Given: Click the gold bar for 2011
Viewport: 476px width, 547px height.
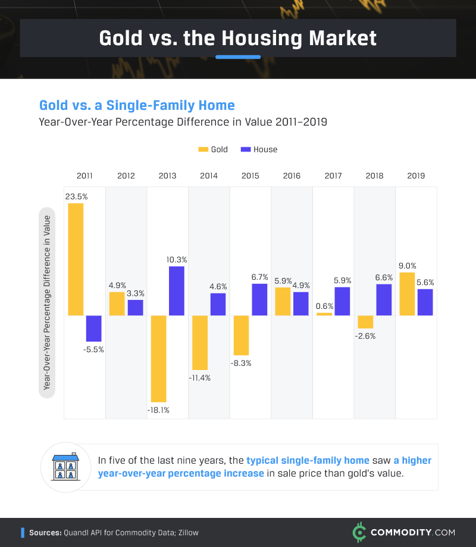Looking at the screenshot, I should coord(76,259).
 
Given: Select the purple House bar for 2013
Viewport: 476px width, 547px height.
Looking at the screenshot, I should coord(177,290).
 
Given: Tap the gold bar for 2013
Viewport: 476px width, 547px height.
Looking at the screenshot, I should coord(158,358).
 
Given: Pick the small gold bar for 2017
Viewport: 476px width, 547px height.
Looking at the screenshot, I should coord(324,314).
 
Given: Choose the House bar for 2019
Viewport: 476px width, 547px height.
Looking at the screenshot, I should coord(425,302).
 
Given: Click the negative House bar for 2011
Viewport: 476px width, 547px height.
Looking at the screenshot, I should coord(93,328).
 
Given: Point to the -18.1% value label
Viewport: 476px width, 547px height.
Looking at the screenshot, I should coord(158,410).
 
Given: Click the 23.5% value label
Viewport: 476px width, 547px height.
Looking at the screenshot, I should coord(77,196).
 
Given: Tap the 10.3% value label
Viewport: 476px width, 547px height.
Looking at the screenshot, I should coord(177,259).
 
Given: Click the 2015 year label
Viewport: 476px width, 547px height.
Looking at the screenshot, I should coord(250,176).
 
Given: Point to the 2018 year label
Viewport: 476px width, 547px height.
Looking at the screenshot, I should coord(374,176).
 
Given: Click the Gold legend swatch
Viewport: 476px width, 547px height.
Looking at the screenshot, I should coord(203,150).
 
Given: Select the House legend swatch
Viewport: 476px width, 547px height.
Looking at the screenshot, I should coord(245,150).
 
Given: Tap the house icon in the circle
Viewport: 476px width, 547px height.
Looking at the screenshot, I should coord(66,467).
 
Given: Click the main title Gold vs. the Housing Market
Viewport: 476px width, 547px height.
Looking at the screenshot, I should coord(238,37).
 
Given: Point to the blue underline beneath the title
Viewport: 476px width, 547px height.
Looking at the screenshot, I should coord(238,57).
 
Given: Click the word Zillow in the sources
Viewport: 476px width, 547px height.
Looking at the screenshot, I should coord(187,533).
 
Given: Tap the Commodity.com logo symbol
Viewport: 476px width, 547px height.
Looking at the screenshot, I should coord(359,532).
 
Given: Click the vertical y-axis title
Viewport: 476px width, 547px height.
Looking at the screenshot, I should coord(46,302).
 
